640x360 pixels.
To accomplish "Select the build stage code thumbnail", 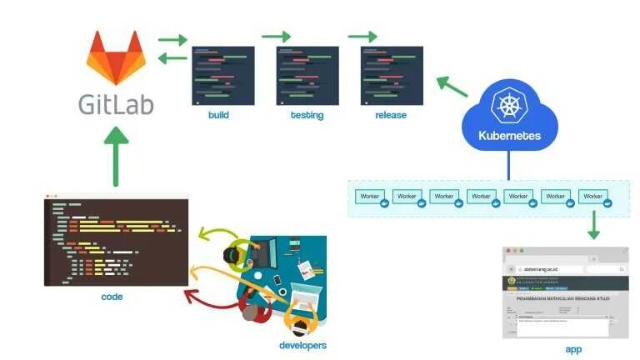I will click(223, 76).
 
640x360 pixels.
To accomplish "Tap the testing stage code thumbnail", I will click(307, 76).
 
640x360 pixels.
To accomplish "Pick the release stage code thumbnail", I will click(392, 76).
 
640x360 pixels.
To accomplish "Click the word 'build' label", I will click(219, 115).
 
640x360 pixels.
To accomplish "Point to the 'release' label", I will click(391, 115).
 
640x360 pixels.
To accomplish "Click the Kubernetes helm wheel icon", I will click(508, 107).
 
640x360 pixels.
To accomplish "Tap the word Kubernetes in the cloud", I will click(509, 136).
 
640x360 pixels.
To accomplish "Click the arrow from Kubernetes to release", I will click(452, 86).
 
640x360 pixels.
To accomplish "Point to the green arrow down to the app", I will click(594, 225).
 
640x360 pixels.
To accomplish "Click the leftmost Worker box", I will click(369, 197).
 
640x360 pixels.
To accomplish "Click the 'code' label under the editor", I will click(112, 296).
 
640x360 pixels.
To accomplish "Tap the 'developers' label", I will click(302, 345).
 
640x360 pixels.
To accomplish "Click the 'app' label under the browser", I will click(573, 349).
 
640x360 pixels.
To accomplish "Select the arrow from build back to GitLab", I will click(172, 57).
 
